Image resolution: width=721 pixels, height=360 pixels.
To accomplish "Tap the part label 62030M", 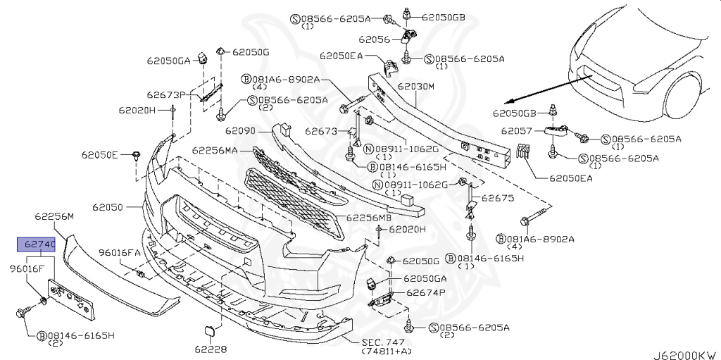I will (416, 86).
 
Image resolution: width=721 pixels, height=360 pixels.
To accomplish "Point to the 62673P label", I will (166, 94).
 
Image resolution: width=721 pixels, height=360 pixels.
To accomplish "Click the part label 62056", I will (374, 41).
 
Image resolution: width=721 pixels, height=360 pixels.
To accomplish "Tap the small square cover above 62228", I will (211, 330).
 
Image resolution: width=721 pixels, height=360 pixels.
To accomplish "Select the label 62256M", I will (54, 217).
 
